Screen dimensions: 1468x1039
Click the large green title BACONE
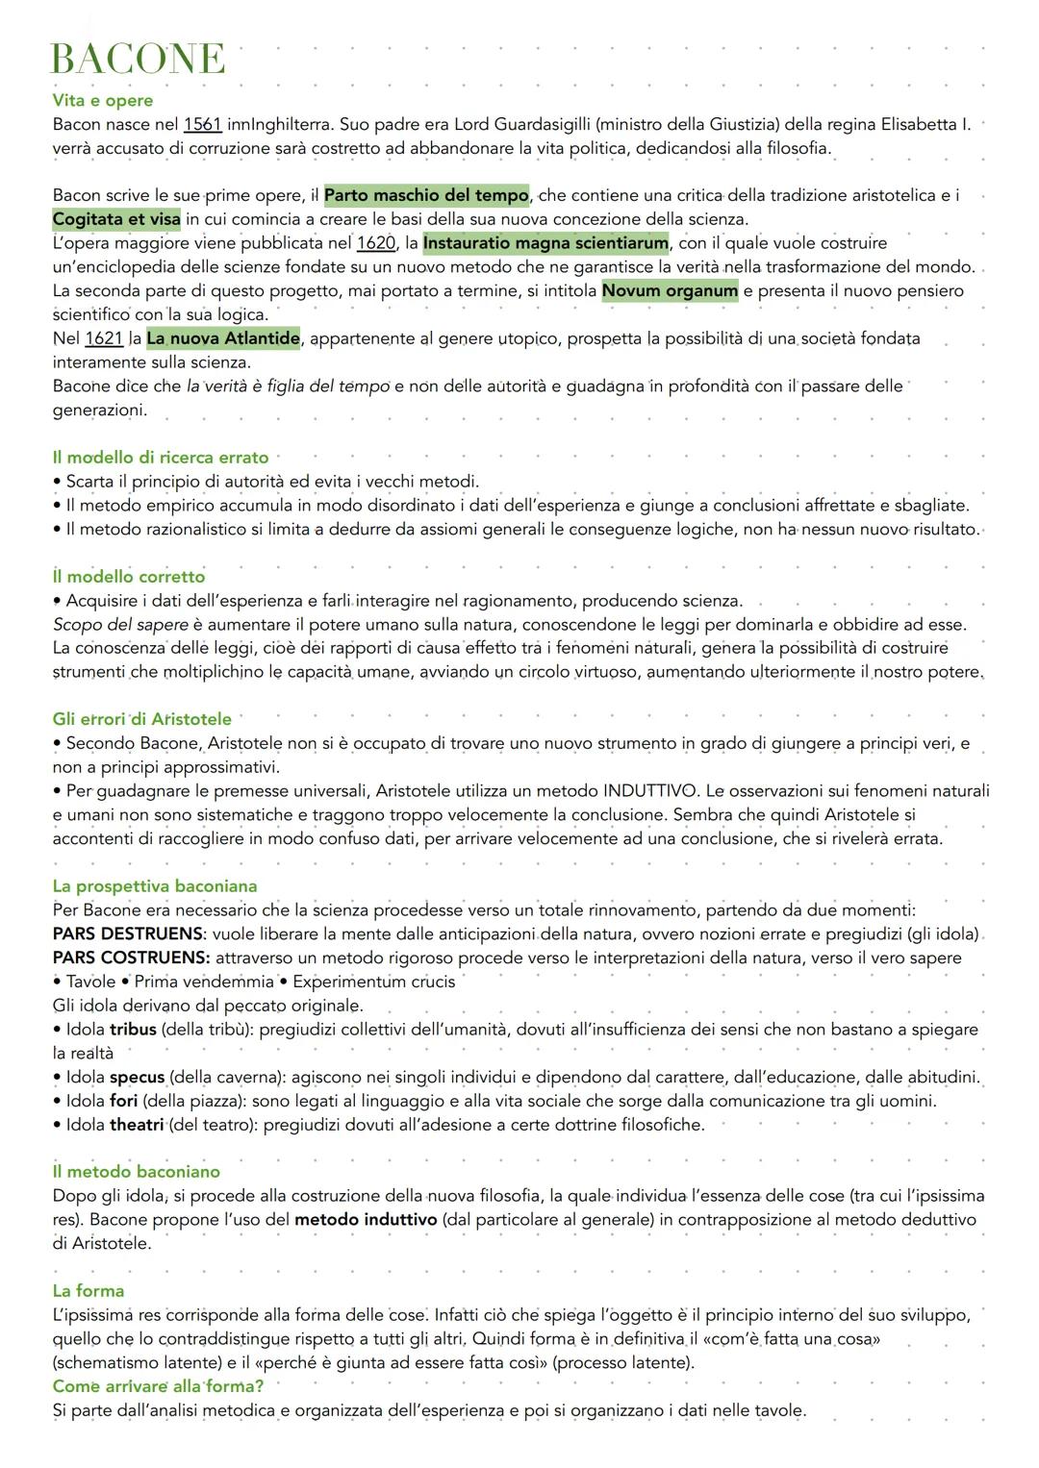138,59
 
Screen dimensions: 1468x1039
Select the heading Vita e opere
102,100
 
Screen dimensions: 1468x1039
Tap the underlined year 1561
203,124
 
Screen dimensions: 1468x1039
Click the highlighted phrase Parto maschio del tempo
426,195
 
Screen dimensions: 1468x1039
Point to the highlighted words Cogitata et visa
116,219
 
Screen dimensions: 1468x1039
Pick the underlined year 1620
375,243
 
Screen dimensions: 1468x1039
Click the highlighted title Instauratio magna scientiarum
545,243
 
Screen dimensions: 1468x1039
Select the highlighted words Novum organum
670,290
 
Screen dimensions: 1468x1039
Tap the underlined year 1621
104,338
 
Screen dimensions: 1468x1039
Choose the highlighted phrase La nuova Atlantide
222,338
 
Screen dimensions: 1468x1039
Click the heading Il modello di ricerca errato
161,458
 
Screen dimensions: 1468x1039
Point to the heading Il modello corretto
129,577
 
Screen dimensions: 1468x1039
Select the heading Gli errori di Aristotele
142,719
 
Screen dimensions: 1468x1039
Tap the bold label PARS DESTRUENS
128,933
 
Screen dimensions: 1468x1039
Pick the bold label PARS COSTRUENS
131,958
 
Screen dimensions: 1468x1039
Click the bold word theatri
136,1125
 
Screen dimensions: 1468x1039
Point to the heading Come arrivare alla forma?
158,1385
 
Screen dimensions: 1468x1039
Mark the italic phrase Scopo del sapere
120,625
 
